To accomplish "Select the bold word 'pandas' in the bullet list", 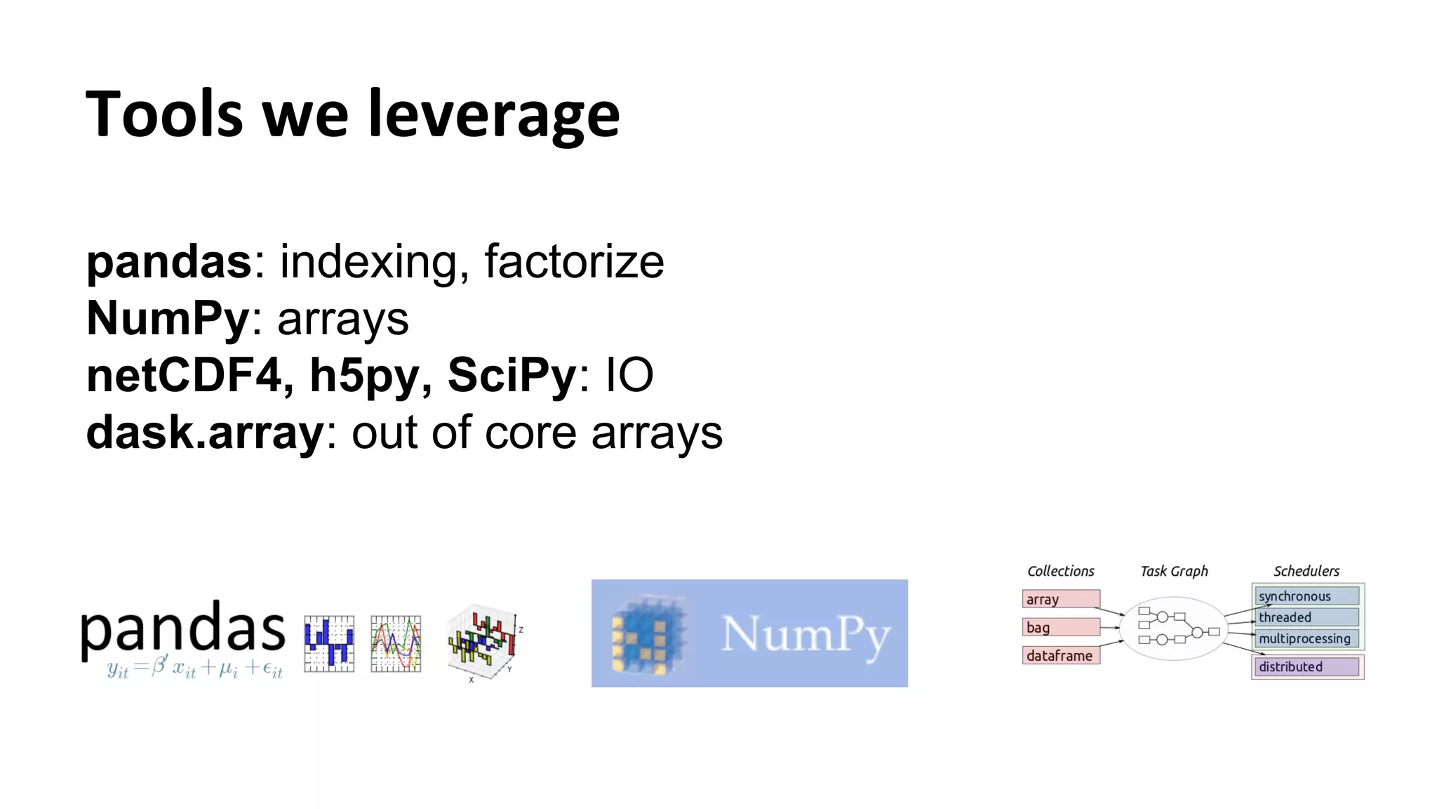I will coord(168,262).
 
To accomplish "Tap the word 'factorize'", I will coord(574,262).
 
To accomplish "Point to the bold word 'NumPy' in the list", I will coord(168,319).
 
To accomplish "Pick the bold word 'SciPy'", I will coord(512,375).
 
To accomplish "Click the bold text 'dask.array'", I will coord(204,433).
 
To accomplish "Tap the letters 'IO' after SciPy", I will coord(629,375).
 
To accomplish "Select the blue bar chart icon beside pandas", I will coord(329,644).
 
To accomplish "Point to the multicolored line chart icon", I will coord(396,644).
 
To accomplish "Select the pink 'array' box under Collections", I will coord(1060,599).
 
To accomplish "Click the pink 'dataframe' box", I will coord(1060,655).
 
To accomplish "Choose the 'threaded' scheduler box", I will coord(1306,617).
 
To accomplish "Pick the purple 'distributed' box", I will coord(1306,666).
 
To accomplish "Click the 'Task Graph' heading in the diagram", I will coord(1174,571).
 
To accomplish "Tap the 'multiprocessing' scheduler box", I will coord(1306,638).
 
